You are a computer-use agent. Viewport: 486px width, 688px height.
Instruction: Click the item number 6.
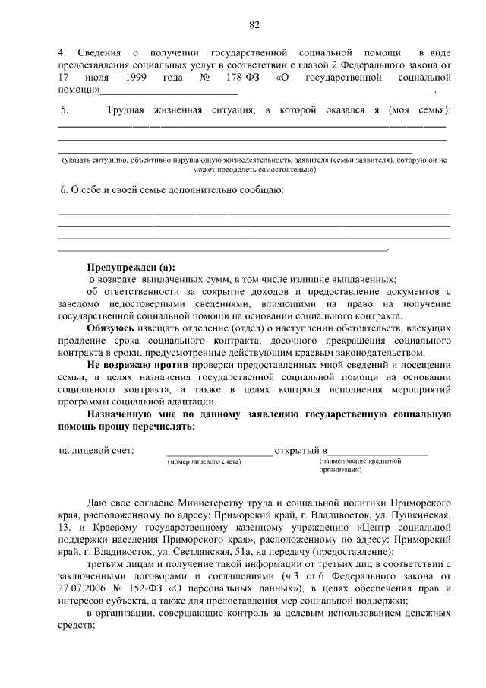pos(64,189)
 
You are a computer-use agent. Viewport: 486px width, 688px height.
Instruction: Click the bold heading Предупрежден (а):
pos(130,268)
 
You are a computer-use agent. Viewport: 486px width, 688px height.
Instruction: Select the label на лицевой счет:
pos(96,451)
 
